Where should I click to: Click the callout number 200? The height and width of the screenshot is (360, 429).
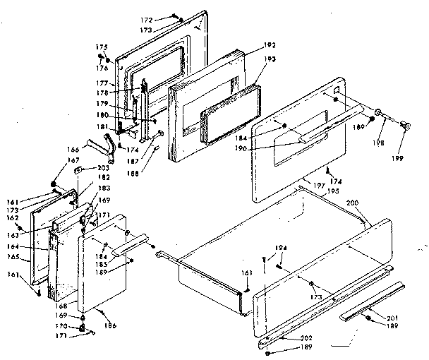pyautogui.click(x=352, y=203)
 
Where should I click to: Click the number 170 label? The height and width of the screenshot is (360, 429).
pyautogui.click(x=62, y=326)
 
